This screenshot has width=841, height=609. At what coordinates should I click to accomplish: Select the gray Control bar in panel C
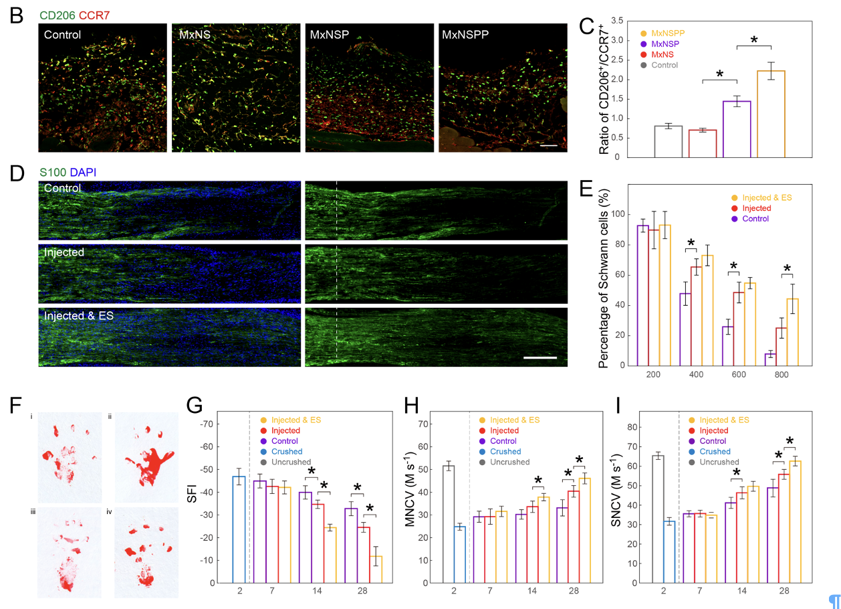[668, 141]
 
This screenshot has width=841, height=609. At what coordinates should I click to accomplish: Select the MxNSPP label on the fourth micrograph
[465, 33]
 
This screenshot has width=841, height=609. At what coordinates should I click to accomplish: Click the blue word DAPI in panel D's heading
[83, 172]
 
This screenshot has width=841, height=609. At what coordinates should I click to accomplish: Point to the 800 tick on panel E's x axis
[781, 375]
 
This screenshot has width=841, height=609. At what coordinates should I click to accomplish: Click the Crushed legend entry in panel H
[505, 452]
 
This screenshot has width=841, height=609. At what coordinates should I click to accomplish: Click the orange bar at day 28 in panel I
[794, 521]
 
